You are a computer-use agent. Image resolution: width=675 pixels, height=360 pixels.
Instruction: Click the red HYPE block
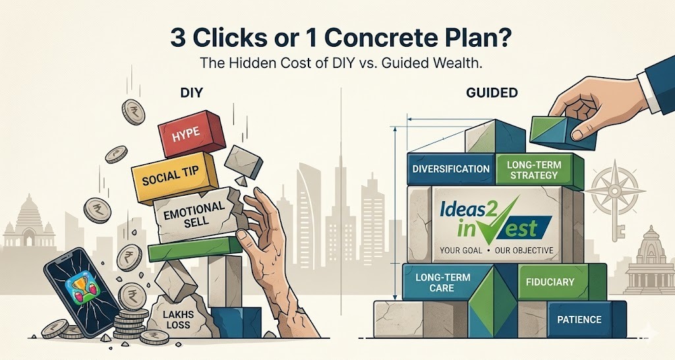coord(192,133)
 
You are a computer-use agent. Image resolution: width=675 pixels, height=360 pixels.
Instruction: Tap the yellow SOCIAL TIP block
coord(174,177)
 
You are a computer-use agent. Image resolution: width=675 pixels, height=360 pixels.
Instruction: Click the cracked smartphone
coord(82,292)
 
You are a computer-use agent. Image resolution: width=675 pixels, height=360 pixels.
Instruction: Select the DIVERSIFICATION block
coord(451,169)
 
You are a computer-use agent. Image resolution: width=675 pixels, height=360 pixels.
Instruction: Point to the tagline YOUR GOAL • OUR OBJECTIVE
coord(496,250)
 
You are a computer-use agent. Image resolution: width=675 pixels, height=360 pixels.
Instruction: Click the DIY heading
coord(191,92)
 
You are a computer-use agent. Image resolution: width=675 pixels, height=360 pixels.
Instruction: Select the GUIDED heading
coord(492,92)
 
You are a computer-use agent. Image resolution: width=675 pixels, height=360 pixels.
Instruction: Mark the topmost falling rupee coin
coord(133,112)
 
